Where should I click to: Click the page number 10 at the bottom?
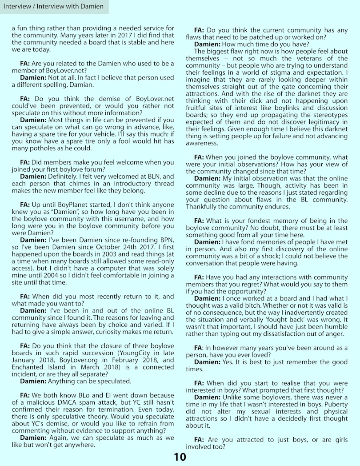pyautogui.click(x=180, y=457)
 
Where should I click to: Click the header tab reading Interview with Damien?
pyautogui.click(x=54, y=6)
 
